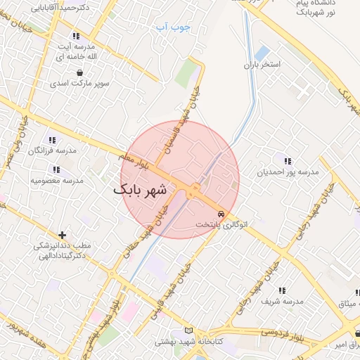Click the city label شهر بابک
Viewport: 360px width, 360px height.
coord(141,190)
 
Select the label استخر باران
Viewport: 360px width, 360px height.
coord(261,65)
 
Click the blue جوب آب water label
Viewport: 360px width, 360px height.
coord(172,27)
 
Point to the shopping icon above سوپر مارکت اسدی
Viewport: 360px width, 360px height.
coord(79,72)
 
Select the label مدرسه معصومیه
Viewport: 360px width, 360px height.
coord(57,180)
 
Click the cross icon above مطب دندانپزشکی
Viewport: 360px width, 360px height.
coord(63,235)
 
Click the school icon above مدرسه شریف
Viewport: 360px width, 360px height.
coord(282,290)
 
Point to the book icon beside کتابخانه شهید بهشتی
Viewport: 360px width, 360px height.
coord(187,330)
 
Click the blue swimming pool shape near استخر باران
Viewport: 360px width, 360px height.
coord(262,53)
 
